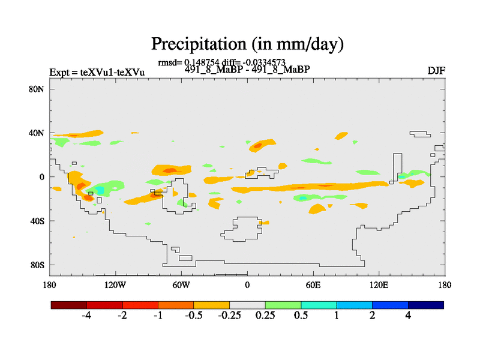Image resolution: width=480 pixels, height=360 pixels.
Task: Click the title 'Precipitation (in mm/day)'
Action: tap(247, 44)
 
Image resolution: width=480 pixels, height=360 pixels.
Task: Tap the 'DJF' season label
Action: tap(436, 71)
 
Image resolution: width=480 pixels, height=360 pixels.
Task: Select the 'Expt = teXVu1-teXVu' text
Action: tap(97, 73)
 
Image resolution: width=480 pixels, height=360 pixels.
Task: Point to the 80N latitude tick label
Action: tap(38, 89)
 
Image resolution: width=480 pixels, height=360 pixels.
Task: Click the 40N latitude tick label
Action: tap(38, 133)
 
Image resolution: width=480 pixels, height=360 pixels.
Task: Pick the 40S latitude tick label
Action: tap(38, 221)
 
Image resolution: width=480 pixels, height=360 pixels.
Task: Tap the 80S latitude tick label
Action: tap(38, 265)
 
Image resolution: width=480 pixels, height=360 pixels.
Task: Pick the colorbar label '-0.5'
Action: tap(194, 316)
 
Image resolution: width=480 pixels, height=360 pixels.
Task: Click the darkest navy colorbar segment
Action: tap(426, 305)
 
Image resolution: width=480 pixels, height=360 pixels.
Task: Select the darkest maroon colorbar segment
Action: tap(69, 305)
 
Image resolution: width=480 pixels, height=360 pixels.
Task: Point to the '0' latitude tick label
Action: tap(43, 177)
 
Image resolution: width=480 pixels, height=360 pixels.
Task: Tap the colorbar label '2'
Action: tap(373, 316)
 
